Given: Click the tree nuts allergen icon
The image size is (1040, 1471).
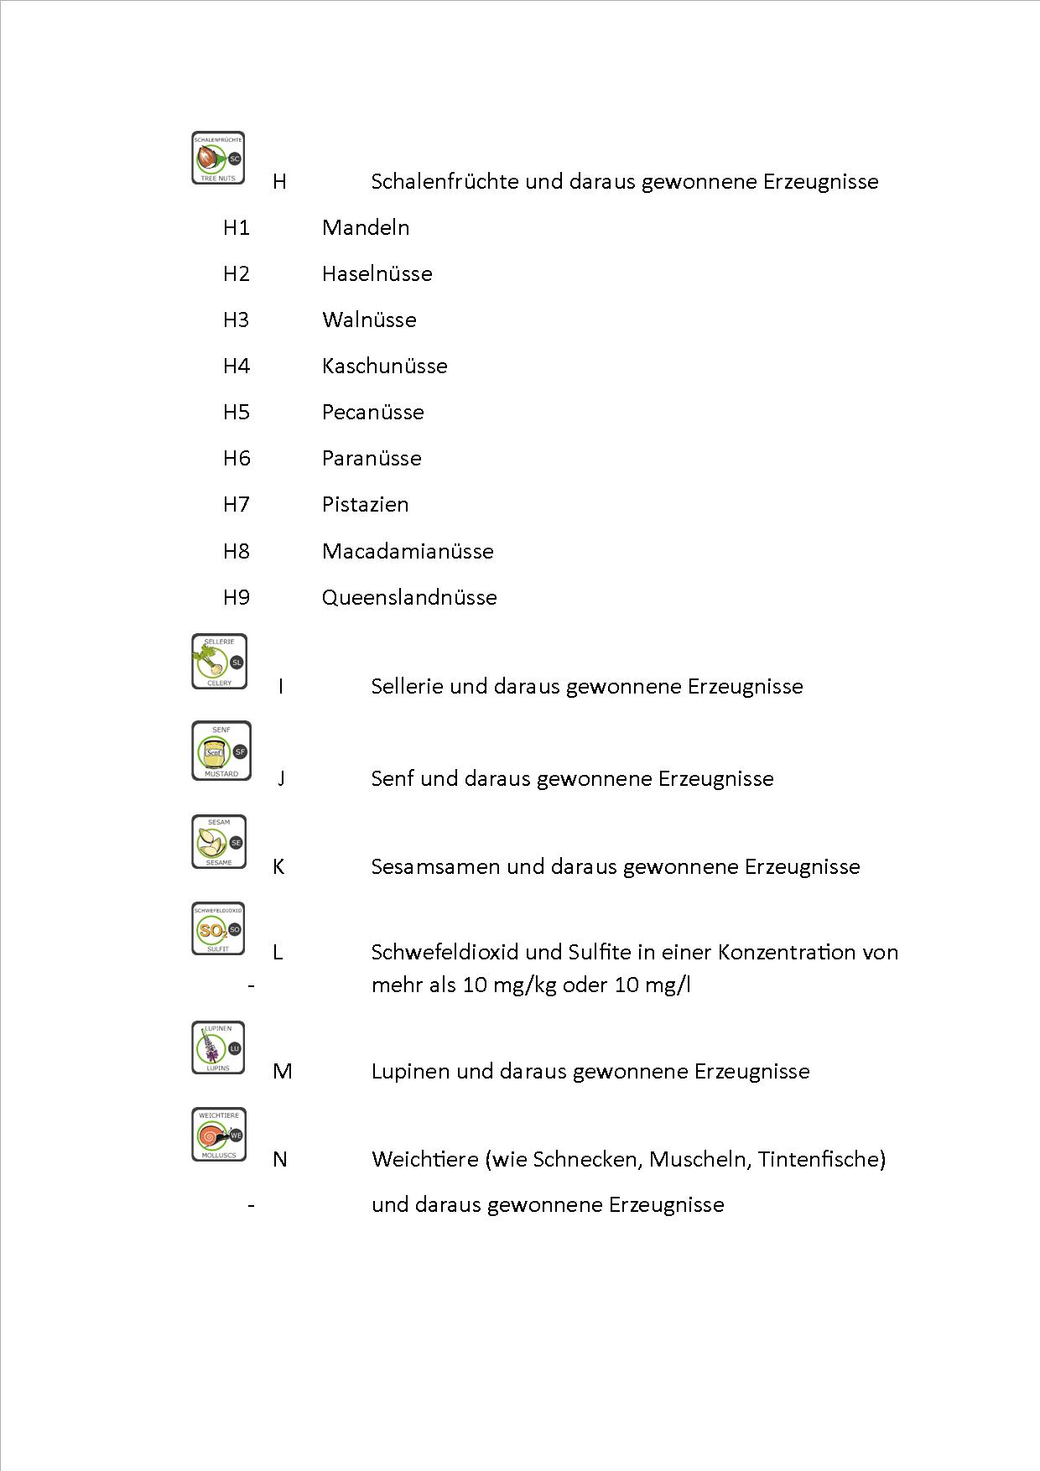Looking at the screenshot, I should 218,158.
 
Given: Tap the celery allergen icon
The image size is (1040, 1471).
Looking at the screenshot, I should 219,662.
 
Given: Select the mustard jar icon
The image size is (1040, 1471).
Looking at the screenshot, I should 221,751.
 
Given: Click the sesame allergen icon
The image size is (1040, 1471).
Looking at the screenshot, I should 219,842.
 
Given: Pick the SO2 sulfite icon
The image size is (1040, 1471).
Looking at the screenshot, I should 218,928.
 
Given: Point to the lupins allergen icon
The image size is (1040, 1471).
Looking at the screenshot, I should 218,1047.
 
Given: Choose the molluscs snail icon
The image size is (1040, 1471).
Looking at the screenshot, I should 219,1135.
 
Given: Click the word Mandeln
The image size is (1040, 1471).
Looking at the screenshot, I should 366,227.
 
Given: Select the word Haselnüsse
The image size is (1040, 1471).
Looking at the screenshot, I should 377,273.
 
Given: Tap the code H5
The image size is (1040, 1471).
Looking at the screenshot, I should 237,412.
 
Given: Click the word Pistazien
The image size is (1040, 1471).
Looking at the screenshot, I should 366,504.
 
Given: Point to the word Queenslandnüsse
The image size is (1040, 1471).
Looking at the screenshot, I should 409,597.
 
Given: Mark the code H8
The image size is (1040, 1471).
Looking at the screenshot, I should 237,551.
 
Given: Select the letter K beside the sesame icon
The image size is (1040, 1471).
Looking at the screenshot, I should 278,866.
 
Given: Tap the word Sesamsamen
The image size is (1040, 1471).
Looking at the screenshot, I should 435,866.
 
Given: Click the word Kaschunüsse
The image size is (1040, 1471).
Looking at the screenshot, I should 385,366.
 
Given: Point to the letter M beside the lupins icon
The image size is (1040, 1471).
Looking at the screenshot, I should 283,1071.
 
